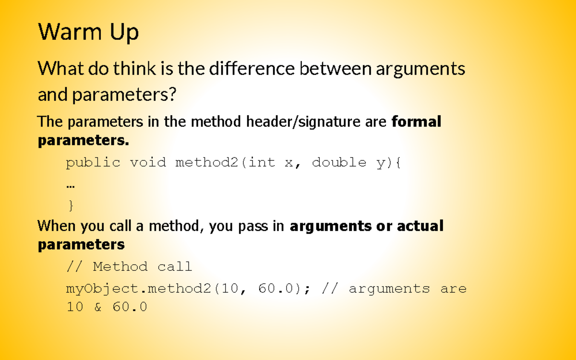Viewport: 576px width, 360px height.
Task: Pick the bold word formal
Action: tap(416, 122)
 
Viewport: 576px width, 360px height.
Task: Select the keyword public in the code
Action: tap(93, 163)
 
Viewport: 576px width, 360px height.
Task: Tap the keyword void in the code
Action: tap(148, 163)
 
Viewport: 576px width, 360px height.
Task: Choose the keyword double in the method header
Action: tap(339, 163)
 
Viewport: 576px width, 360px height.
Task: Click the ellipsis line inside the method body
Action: tap(71, 184)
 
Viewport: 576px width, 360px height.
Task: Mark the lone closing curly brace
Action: tap(71, 206)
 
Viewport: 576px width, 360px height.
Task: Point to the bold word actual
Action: tap(420, 226)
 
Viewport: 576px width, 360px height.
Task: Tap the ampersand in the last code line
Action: tap(98, 307)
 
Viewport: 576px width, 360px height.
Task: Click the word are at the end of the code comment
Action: tap(453, 289)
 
